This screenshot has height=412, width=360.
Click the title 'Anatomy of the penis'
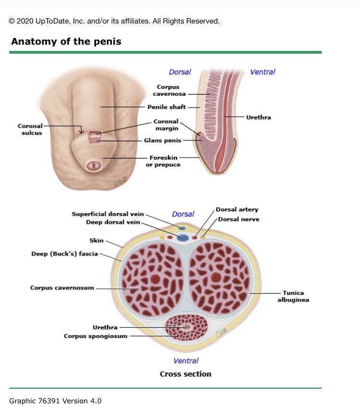pyautogui.click(x=66, y=41)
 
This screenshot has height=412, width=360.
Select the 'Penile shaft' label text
pyautogui.click(x=166, y=107)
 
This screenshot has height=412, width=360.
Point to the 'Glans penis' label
pyautogui.click(x=163, y=141)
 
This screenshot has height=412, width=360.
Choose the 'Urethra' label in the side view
pyautogui.click(x=258, y=117)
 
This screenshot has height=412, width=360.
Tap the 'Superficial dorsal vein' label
pyautogui.click(x=108, y=214)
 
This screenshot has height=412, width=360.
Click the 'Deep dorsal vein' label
pyautogui.click(x=113, y=222)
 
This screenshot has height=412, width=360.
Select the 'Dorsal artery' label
pyautogui.click(x=237, y=210)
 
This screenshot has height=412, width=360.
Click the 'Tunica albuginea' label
pyautogui.click(x=293, y=296)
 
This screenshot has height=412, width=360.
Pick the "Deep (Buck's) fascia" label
pyautogui.click(x=64, y=254)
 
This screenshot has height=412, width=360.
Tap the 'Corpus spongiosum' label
pyautogui.click(x=96, y=336)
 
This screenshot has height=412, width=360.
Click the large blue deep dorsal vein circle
pyautogui.click(x=182, y=238)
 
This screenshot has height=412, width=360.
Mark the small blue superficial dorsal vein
pyautogui.click(x=182, y=227)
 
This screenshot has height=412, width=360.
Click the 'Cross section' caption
pyautogui.click(x=185, y=374)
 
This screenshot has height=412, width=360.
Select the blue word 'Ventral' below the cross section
pyautogui.click(x=186, y=361)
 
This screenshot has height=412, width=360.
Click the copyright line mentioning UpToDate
pyautogui.click(x=114, y=21)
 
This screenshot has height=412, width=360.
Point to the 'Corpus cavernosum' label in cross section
pyautogui.click(x=62, y=288)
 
